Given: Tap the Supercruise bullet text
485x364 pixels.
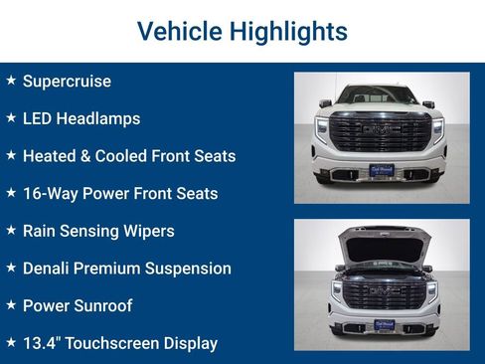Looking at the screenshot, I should [x=67, y=82].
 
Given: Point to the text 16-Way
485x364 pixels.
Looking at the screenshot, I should [x=50, y=194].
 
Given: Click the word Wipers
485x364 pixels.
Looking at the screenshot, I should [x=147, y=231].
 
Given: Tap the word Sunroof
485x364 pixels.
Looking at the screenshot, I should [x=103, y=305].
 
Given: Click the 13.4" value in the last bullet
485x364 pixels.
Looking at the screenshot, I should [x=44, y=343].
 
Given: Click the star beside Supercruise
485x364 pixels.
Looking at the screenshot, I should [x=11, y=81].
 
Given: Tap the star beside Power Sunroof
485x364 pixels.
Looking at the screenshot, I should [x=11, y=304].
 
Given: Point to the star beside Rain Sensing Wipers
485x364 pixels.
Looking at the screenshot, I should [x=11, y=230].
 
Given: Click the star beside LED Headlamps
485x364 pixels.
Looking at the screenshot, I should [x=11, y=117].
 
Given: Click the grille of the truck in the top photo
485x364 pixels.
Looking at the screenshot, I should [x=381, y=132].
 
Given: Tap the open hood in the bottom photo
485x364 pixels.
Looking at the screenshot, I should [x=381, y=244].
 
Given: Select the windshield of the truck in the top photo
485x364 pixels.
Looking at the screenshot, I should [x=381, y=95].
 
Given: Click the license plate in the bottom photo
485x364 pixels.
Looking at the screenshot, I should [x=381, y=326].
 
